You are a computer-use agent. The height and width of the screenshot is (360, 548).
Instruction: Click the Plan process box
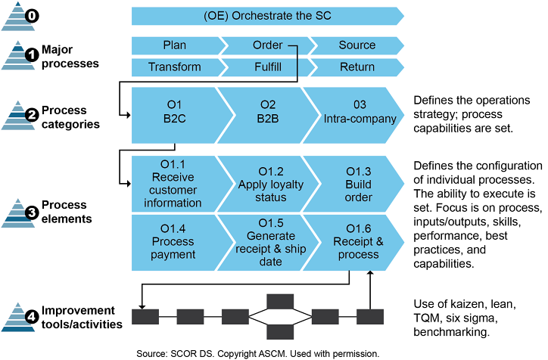click(174, 45)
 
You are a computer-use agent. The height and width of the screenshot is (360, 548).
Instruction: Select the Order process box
click(267, 45)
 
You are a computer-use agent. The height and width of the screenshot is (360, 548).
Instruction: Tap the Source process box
click(357, 45)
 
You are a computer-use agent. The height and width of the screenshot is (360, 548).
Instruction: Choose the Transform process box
click(174, 67)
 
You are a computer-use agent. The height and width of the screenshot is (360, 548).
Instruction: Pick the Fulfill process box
click(267, 67)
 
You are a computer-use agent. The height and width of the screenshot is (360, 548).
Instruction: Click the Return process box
click(357, 67)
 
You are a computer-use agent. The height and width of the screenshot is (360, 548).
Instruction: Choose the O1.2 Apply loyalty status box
click(269, 185)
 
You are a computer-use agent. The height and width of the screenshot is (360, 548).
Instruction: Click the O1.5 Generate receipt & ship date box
click(269, 241)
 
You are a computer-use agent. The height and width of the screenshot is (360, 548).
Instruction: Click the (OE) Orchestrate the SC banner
click(267, 17)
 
